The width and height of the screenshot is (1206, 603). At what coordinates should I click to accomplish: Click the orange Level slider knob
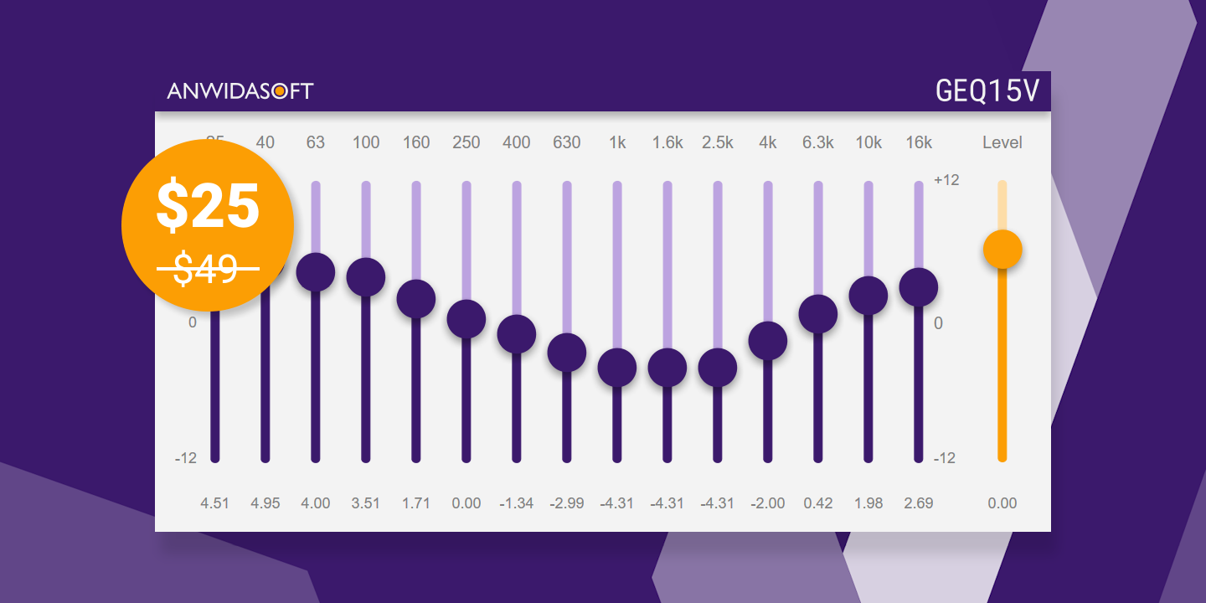[1002, 249]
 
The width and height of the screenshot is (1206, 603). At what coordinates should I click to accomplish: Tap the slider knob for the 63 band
[316, 272]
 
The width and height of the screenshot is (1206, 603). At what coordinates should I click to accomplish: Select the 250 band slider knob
[466, 318]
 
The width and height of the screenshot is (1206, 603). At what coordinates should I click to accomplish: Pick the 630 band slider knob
[567, 352]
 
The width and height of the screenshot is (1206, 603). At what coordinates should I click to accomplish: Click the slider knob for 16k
[919, 287]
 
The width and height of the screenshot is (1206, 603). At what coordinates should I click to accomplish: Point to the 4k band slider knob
[768, 341]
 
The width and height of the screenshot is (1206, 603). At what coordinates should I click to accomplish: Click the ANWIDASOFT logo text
[240, 90]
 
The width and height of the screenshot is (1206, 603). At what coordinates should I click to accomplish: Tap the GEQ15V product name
[987, 90]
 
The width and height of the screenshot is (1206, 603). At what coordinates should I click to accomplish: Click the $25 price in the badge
[208, 206]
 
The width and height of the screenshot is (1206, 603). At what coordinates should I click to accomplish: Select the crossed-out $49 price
[208, 269]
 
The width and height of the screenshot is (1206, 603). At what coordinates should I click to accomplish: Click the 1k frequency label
[617, 142]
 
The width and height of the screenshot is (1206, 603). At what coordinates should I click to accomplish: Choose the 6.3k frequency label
[818, 142]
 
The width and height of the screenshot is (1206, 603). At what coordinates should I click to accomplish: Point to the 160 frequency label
[416, 142]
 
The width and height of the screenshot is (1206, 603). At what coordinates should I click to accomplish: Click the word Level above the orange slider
[1002, 142]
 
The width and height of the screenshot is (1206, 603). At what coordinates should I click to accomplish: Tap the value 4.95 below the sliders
[265, 503]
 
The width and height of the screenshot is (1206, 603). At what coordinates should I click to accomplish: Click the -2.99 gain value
[567, 503]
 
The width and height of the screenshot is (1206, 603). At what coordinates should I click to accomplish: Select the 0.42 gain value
[818, 503]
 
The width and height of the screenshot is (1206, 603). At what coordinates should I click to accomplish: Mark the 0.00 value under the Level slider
[1002, 503]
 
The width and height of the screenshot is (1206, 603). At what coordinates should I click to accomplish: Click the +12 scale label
[946, 180]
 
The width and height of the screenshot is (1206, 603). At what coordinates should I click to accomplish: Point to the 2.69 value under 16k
[919, 503]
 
